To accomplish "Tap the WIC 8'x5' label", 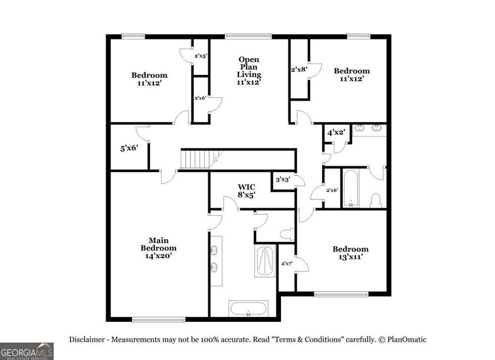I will [246, 191].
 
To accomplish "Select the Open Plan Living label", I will [249, 71].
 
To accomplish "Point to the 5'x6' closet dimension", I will [129, 149].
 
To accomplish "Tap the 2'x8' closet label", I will [299, 69].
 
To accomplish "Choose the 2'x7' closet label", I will [287, 264].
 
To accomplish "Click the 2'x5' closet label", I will [201, 56].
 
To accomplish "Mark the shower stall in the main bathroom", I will [265, 261].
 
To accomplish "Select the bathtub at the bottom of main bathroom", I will [248, 309].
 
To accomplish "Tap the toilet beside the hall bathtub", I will [376, 200].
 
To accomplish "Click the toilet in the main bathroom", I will [287, 235].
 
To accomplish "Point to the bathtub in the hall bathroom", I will [350, 188].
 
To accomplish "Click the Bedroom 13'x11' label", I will [350, 253].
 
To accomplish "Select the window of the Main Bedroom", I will [159, 319].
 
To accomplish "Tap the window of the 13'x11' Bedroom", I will [341, 294].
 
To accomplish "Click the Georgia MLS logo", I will [27, 351].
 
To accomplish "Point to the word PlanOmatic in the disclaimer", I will [407, 340].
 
